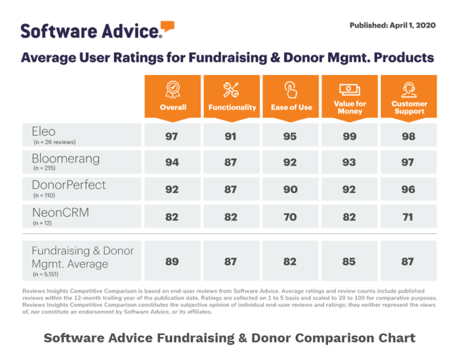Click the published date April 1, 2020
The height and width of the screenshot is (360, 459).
392,25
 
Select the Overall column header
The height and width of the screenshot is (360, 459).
173,96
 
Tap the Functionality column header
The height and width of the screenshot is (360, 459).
232,96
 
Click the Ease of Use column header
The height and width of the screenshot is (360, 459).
291,96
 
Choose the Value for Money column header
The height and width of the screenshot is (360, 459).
350,96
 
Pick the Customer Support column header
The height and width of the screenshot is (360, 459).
409,96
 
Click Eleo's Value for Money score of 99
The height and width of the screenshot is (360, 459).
350,136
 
